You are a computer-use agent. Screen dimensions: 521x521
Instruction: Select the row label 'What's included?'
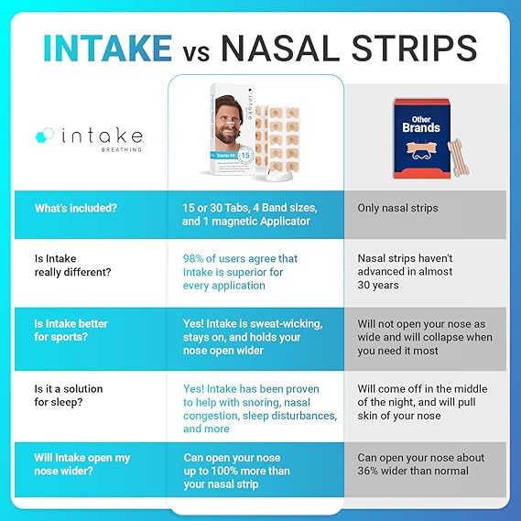76,209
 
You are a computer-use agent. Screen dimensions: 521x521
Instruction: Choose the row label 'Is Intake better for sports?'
71,331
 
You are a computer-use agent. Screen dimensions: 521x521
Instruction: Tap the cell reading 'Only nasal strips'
397,209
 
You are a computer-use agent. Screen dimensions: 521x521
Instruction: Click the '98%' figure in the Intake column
197,259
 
